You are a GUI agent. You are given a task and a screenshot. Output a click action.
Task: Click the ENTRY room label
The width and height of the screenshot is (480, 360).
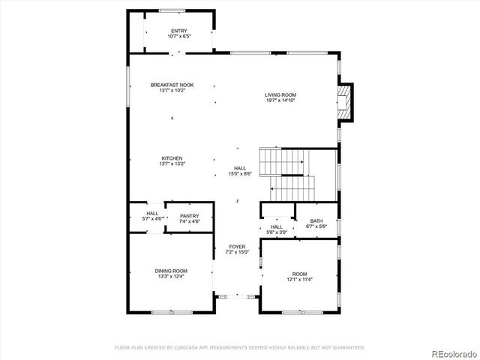(x=179, y=30)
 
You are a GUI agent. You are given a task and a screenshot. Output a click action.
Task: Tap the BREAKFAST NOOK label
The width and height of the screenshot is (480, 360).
(x=172, y=85)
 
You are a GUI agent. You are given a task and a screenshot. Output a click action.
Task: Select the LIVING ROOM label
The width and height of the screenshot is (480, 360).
(x=280, y=94)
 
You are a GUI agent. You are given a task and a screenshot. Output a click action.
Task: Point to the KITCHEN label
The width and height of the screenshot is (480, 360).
(x=172, y=158)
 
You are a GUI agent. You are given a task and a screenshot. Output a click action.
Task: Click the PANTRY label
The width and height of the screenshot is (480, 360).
(x=189, y=216)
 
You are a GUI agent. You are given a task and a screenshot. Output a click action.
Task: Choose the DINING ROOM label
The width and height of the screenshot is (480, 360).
(x=171, y=271)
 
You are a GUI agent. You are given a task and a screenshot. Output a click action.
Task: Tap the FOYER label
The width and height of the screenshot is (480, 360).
(x=237, y=246)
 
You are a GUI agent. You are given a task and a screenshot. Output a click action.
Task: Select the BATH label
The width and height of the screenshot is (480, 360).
(x=316, y=221)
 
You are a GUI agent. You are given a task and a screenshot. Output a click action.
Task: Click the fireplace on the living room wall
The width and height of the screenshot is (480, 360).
(x=346, y=100)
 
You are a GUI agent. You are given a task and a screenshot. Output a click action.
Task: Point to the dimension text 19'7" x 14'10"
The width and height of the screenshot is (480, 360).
(x=280, y=100)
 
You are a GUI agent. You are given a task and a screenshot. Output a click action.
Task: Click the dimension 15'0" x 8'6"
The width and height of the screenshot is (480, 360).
(x=240, y=174)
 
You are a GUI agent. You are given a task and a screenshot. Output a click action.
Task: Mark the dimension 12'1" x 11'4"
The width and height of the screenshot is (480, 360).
(x=299, y=279)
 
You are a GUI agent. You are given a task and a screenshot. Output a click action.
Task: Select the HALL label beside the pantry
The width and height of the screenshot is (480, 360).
(x=152, y=214)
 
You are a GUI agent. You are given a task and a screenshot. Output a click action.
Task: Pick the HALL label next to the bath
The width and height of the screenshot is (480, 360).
(x=277, y=226)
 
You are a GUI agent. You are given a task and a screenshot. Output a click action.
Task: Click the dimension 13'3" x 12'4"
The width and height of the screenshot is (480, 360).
(x=171, y=277)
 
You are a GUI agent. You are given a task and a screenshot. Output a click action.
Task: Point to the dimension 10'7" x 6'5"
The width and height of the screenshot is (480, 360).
(x=179, y=36)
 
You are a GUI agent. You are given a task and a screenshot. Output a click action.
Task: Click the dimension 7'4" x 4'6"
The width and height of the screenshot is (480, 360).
(x=189, y=222)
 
